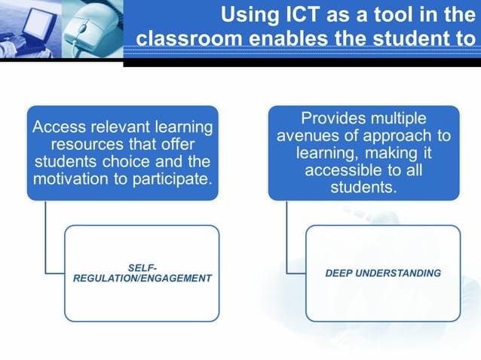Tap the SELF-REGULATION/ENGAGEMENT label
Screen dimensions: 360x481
(142, 273)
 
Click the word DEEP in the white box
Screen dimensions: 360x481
(340, 273)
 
